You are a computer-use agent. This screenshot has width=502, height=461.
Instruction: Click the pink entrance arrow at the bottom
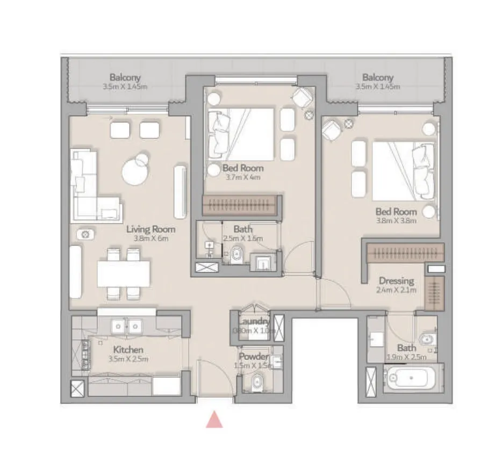click(x=214, y=419)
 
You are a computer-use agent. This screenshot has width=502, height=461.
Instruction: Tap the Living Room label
click(x=150, y=229)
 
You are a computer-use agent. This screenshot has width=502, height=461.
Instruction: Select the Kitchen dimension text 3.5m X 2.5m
click(x=129, y=359)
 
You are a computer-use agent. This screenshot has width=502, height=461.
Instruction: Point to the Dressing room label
click(x=396, y=280)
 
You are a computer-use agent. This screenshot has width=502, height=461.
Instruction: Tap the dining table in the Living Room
click(x=123, y=273)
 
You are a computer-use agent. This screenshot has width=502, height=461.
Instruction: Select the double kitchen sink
click(x=126, y=325)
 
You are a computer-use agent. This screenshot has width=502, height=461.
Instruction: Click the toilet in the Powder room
click(x=256, y=383)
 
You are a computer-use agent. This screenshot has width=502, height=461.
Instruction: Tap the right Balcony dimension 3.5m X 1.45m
click(x=377, y=86)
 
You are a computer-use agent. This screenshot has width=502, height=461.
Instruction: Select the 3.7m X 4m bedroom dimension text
click(x=243, y=177)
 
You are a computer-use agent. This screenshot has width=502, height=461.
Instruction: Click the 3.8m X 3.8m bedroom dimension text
click(x=397, y=220)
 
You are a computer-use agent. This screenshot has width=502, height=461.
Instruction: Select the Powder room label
click(x=254, y=357)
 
